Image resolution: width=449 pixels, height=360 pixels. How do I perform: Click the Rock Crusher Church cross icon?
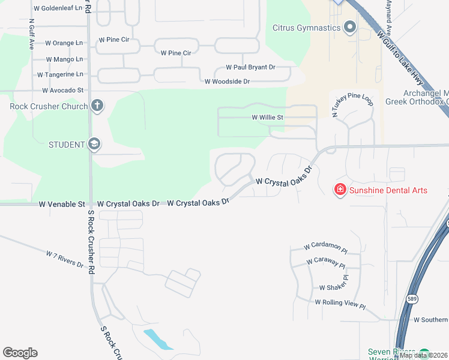click(x=97, y=106)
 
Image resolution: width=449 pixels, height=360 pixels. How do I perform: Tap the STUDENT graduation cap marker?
click(x=94, y=144)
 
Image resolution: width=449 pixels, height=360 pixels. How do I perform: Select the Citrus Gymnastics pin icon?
click(x=350, y=27)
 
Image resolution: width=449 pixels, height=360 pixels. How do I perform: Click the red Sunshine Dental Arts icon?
click(x=340, y=190)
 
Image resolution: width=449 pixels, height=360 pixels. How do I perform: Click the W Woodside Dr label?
click(x=227, y=82)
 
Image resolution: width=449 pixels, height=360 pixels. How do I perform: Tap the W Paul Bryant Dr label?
click(x=250, y=68)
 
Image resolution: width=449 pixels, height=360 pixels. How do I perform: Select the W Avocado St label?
click(x=62, y=91)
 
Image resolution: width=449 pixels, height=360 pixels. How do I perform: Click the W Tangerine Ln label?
click(x=60, y=75)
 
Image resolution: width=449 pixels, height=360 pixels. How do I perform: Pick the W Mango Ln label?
click(x=64, y=59)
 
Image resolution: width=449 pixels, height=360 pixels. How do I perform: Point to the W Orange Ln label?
click(x=64, y=43)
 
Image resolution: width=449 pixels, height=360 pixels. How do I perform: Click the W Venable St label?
click(x=62, y=204)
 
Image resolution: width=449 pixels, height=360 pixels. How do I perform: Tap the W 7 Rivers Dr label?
click(x=64, y=259)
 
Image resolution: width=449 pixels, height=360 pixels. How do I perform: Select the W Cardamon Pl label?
click(x=326, y=247)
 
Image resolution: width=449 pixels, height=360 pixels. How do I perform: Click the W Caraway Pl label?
click(x=326, y=263)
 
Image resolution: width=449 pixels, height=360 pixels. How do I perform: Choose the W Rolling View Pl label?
click(x=340, y=304)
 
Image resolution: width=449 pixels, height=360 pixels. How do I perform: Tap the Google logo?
click(x=20, y=353)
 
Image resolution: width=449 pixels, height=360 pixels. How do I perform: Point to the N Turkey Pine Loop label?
click(x=353, y=104)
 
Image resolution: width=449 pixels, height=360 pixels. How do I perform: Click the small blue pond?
click(x=158, y=340)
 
